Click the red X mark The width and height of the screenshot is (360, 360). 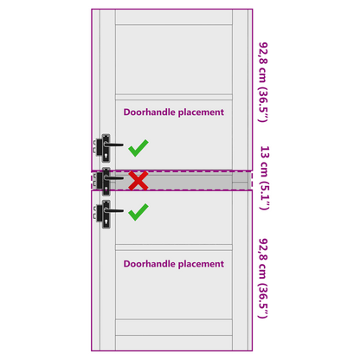(138, 181)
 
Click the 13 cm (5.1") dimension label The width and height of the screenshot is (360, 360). (264, 178)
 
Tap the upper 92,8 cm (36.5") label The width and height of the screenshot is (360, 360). (263, 82)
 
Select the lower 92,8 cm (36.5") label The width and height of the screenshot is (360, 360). (263, 279)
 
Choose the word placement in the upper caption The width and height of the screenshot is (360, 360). (201, 112)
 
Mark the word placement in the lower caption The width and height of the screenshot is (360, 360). (201, 264)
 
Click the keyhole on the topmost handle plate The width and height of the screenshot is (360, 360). (106, 156)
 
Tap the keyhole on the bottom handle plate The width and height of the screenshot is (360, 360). (106, 222)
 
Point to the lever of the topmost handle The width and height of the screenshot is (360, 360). (114, 145)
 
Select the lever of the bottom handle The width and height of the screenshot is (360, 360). (114, 210)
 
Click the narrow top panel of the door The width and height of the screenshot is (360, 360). (174, 17)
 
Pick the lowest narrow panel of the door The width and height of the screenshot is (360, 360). (174, 343)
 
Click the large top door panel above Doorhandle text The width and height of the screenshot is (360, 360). (174, 60)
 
